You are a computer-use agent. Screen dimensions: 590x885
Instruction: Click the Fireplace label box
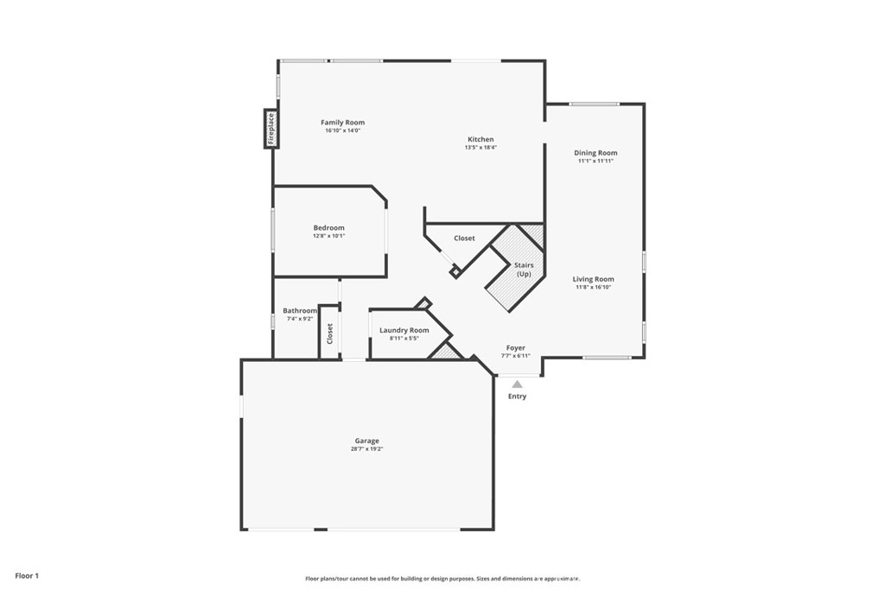click(x=271, y=129)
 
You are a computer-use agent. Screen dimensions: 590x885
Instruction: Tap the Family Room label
click(x=343, y=123)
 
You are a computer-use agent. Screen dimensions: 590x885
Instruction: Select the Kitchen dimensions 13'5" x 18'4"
click(x=481, y=148)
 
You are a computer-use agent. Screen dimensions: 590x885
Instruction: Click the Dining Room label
click(x=595, y=153)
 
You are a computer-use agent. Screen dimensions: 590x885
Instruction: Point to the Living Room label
click(x=594, y=279)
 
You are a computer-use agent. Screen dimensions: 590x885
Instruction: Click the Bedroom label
click(x=328, y=228)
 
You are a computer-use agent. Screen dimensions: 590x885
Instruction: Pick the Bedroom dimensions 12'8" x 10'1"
click(x=328, y=236)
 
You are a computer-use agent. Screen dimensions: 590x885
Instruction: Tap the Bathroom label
click(x=300, y=311)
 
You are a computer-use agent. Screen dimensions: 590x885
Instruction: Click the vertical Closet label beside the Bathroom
click(x=329, y=333)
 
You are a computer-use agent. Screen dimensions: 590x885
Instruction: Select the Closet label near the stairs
click(x=464, y=238)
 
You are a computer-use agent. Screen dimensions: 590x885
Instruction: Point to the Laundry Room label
click(x=404, y=330)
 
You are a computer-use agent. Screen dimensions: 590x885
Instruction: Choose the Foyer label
click(x=515, y=348)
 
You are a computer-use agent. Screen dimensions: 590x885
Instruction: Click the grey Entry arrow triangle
click(x=517, y=384)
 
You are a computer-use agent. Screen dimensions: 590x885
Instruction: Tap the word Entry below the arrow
click(x=517, y=397)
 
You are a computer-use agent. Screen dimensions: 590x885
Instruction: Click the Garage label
click(x=366, y=441)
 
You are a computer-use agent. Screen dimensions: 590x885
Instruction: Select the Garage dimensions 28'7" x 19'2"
click(x=366, y=449)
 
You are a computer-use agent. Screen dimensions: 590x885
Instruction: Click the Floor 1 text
click(x=27, y=575)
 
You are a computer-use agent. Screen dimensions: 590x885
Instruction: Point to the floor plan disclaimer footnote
click(x=442, y=579)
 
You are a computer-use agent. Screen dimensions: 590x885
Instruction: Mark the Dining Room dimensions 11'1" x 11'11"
click(x=595, y=161)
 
